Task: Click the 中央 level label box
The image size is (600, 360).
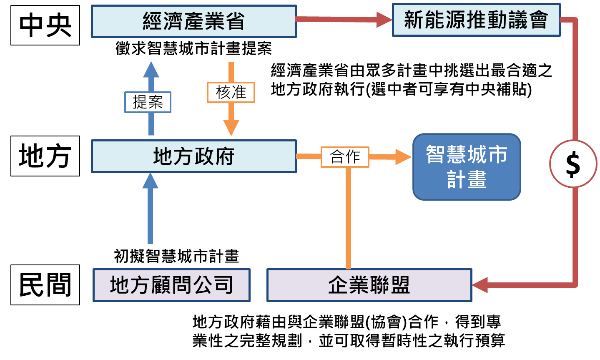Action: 45,25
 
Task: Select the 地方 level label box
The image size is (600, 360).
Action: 45,156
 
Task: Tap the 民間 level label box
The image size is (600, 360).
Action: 45,285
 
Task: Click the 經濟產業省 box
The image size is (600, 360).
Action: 193,21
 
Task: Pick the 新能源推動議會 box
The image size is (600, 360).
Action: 476,20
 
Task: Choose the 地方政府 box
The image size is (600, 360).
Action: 193,156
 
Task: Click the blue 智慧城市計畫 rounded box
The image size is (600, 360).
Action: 467,167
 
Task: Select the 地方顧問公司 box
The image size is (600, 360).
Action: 171,285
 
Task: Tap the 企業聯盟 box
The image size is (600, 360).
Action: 369,285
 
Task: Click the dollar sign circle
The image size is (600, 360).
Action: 573,164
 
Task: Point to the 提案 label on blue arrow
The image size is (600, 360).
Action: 148,102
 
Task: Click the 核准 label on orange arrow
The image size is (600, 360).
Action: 231,92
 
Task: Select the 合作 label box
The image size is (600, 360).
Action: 345,157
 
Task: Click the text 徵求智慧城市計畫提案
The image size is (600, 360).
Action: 193,49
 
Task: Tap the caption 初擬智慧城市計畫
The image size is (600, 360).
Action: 176,256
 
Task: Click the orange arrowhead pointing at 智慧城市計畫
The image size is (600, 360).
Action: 403,157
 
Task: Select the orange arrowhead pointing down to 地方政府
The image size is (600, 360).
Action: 231,128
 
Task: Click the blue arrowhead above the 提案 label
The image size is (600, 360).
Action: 151,70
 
